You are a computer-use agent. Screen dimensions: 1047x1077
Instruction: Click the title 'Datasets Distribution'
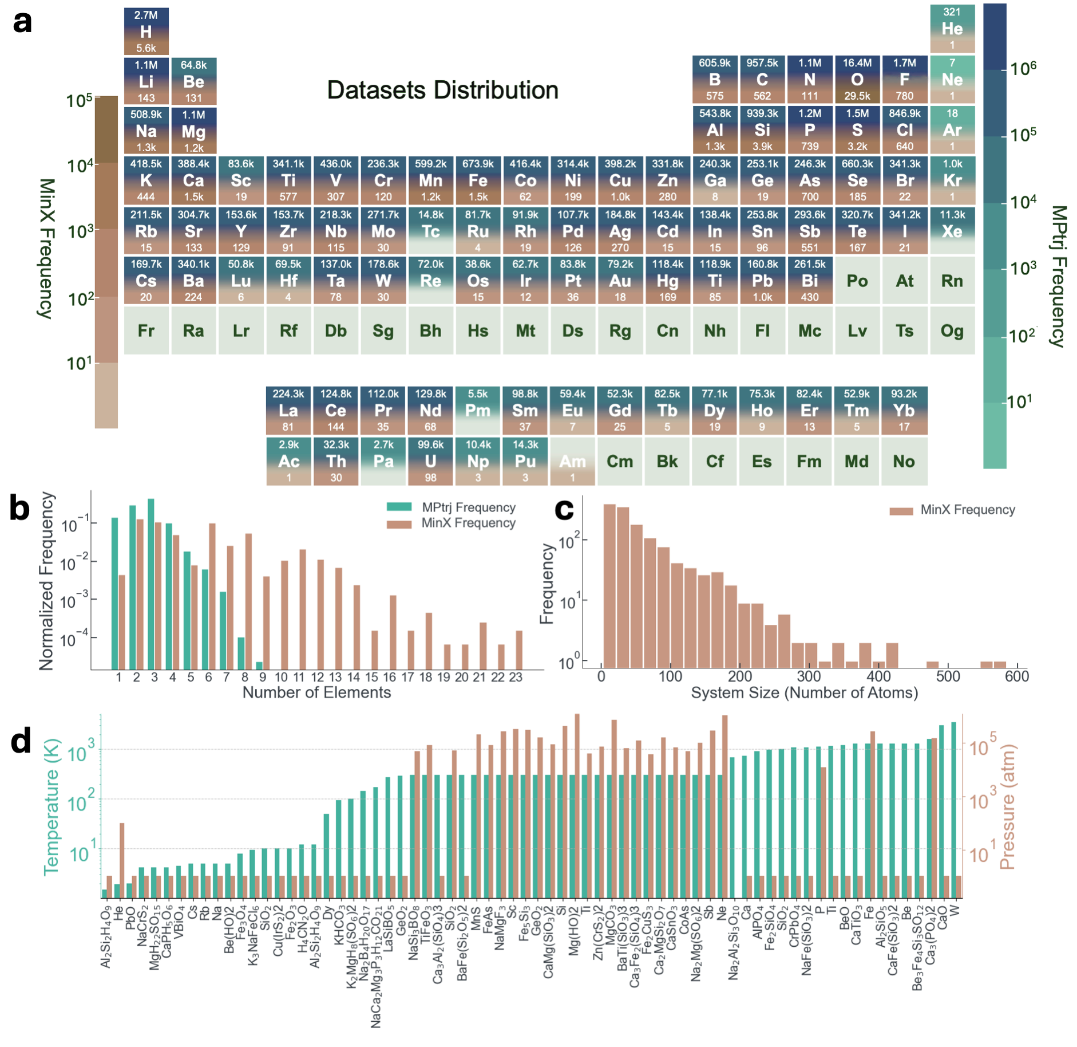tap(442, 90)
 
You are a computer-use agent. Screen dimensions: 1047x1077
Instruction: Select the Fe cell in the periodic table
tap(478, 180)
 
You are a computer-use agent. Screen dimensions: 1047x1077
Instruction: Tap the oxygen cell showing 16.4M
tap(857, 80)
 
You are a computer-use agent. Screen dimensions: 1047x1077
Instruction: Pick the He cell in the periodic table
tap(952, 28)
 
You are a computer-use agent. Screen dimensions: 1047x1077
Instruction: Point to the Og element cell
tap(952, 330)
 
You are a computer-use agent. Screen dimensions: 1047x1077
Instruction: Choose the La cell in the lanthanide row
tap(288, 411)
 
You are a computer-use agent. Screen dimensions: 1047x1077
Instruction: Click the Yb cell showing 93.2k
tap(904, 411)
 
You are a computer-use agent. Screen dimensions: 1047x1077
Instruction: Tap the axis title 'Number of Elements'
tap(316, 692)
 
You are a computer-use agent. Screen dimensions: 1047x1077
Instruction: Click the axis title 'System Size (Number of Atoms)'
tap(804, 693)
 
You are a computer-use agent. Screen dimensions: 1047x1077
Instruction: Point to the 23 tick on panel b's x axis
tap(516, 677)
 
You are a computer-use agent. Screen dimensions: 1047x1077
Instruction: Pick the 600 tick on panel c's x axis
tap(1017, 676)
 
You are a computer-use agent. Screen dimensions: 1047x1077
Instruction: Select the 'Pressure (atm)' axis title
tap(1007, 807)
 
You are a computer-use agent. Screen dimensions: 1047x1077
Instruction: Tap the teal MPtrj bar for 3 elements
tap(151, 584)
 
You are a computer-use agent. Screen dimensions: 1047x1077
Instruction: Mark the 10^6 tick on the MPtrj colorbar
tap(1023, 69)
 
